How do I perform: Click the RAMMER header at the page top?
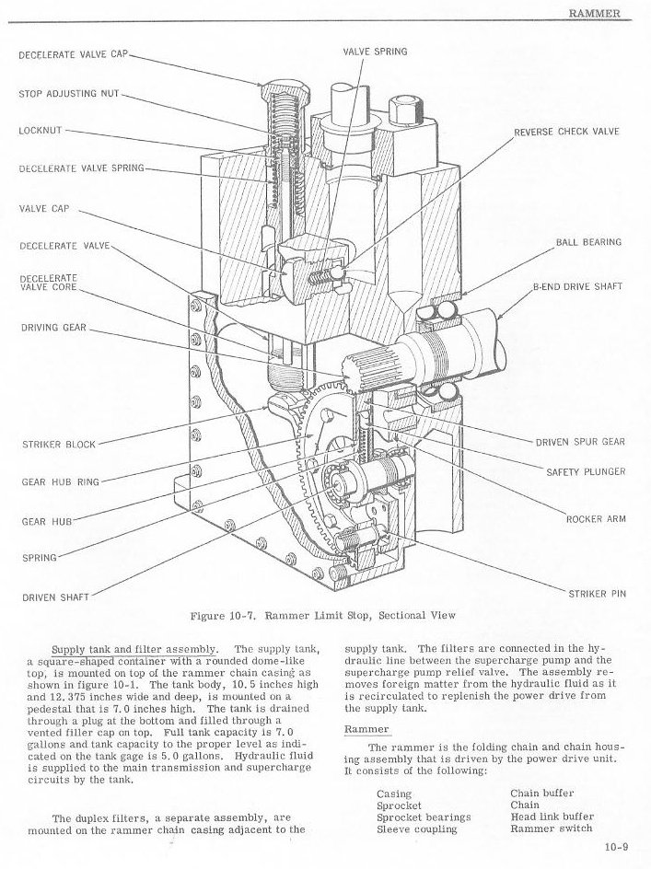595,13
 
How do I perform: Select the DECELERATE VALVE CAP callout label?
73,54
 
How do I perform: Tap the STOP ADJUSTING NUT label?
69,94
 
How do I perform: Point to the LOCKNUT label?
40,131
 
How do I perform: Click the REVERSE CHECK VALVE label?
566,132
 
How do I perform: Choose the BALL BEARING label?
588,242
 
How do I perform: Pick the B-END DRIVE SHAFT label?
577,286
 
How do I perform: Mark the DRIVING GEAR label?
52,327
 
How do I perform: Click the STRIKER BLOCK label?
58,445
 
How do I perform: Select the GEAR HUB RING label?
61,481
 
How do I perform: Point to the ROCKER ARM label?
596,519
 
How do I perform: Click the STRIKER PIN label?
597,594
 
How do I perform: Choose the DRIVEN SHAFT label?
55,597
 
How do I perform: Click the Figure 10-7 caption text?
322,616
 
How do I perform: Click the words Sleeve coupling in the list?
416,828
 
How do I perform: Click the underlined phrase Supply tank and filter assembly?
135,649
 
